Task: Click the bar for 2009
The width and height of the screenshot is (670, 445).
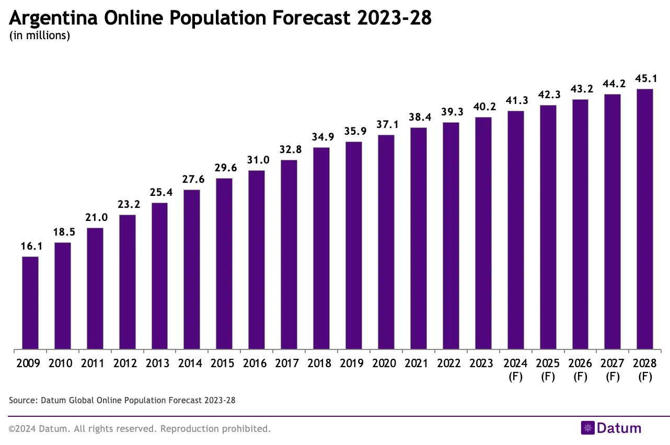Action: pos(30,303)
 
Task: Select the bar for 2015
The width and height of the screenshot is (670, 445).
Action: pos(224,264)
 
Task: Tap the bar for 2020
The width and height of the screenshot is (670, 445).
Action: pos(386,242)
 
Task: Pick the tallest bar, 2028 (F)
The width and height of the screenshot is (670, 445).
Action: pos(644,219)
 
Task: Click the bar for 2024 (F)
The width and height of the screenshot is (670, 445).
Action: pos(515,230)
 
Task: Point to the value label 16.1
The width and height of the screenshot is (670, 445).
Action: pos(30,247)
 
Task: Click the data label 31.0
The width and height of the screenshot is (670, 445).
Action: pos(257,160)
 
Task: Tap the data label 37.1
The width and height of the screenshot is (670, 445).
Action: pos(386,125)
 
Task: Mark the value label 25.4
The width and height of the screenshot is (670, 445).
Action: pos(159,193)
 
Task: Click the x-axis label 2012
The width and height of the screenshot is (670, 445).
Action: pos(127,364)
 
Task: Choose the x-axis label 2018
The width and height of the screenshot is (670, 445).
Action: pos(321,364)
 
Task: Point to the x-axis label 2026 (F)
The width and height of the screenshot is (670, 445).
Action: pos(580,369)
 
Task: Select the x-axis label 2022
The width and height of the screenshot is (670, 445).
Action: pos(450,364)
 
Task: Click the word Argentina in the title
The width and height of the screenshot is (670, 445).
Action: pos(54,19)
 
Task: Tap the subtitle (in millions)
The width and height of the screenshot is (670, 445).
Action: pos(40,36)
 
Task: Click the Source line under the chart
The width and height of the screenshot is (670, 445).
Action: pos(122,401)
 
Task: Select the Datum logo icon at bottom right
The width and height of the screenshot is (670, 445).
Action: pos(588,428)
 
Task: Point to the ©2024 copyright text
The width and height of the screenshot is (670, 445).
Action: pos(140,429)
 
